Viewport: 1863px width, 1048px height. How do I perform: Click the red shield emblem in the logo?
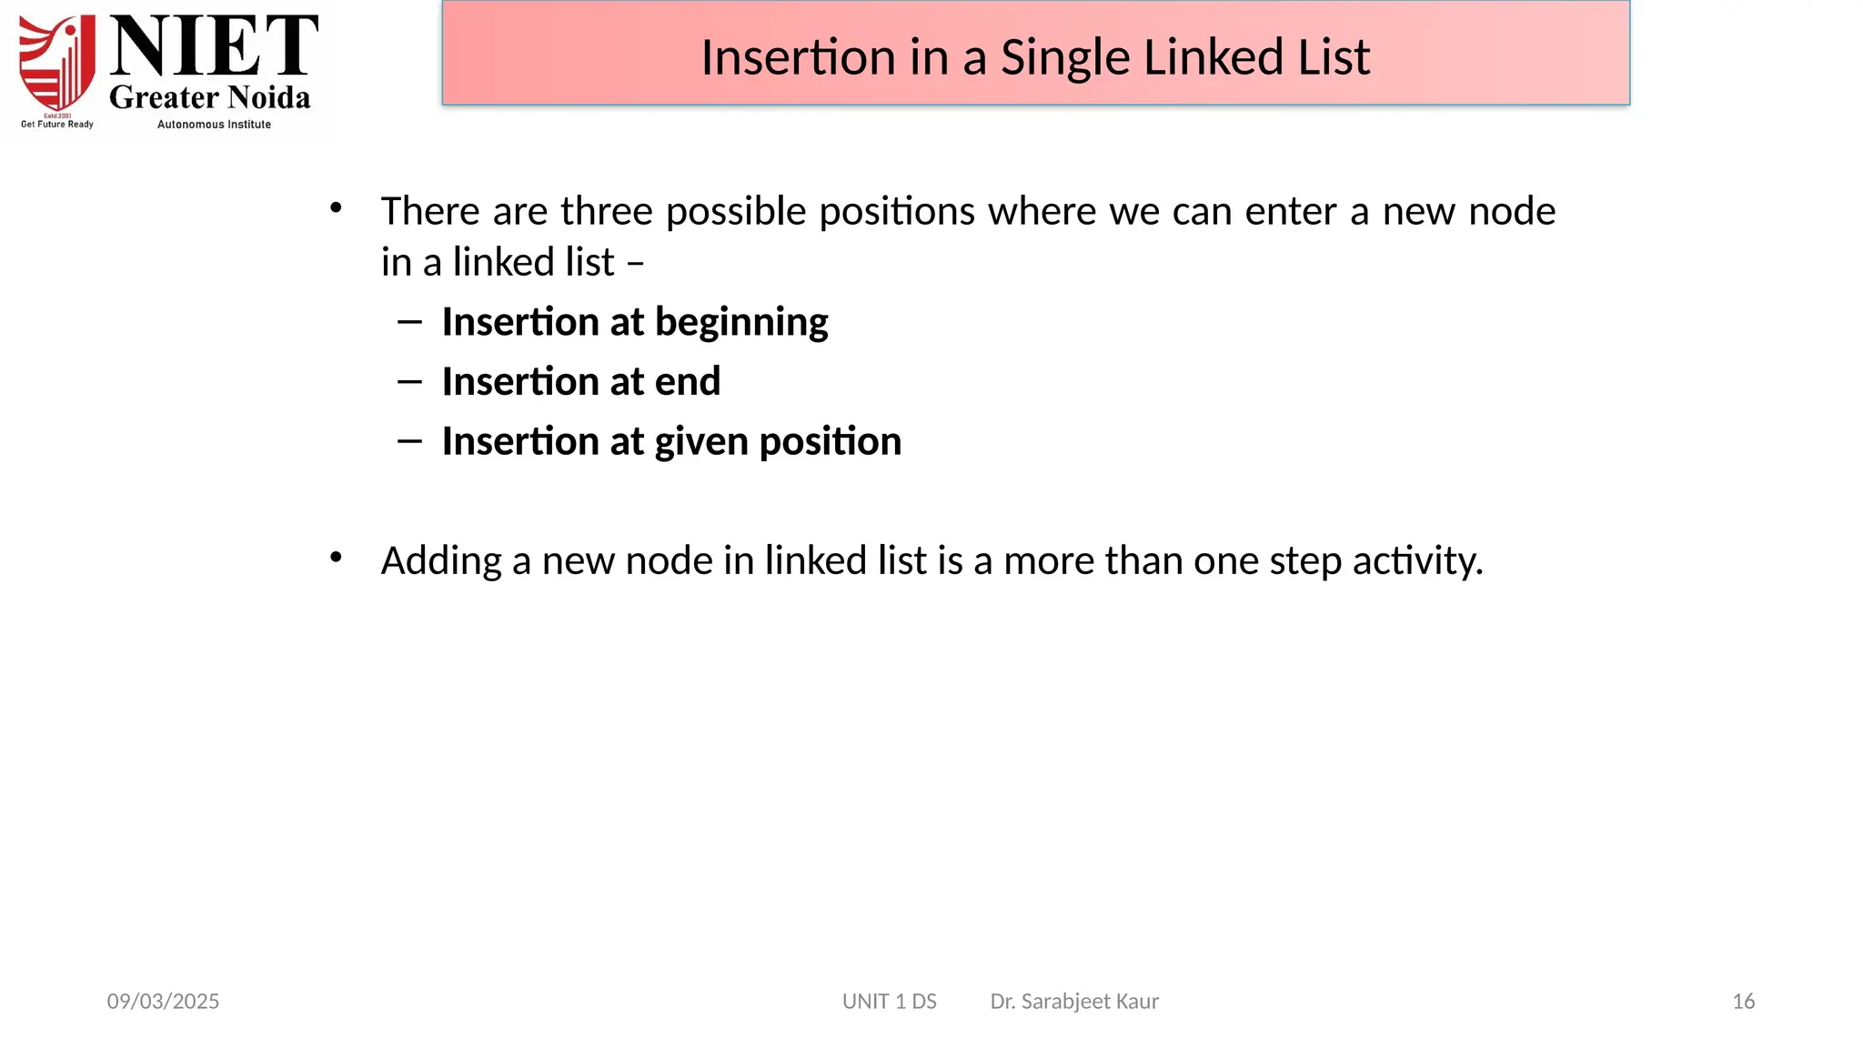coord(57,64)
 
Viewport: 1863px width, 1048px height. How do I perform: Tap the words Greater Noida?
coord(210,97)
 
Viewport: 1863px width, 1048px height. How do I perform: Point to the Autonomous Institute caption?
coord(214,125)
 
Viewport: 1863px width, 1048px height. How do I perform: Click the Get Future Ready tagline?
coord(57,125)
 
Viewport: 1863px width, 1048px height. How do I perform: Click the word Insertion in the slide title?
coord(798,58)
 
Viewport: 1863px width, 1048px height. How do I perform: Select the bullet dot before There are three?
coord(336,208)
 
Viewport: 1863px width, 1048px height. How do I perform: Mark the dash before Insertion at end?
coord(409,382)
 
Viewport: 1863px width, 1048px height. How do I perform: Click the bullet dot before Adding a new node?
coord(336,557)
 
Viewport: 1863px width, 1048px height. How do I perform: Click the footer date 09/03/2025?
coord(163,1002)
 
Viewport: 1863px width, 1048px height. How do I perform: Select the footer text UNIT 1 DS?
coord(889,1002)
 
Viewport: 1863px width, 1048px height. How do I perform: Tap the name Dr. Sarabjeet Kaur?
coord(1074,1002)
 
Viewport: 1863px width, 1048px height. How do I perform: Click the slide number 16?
coord(1743,1002)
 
